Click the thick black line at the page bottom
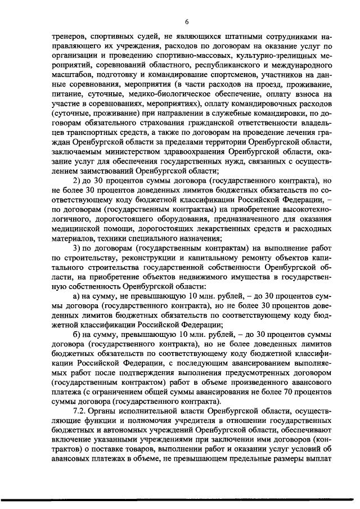point(180,499)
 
